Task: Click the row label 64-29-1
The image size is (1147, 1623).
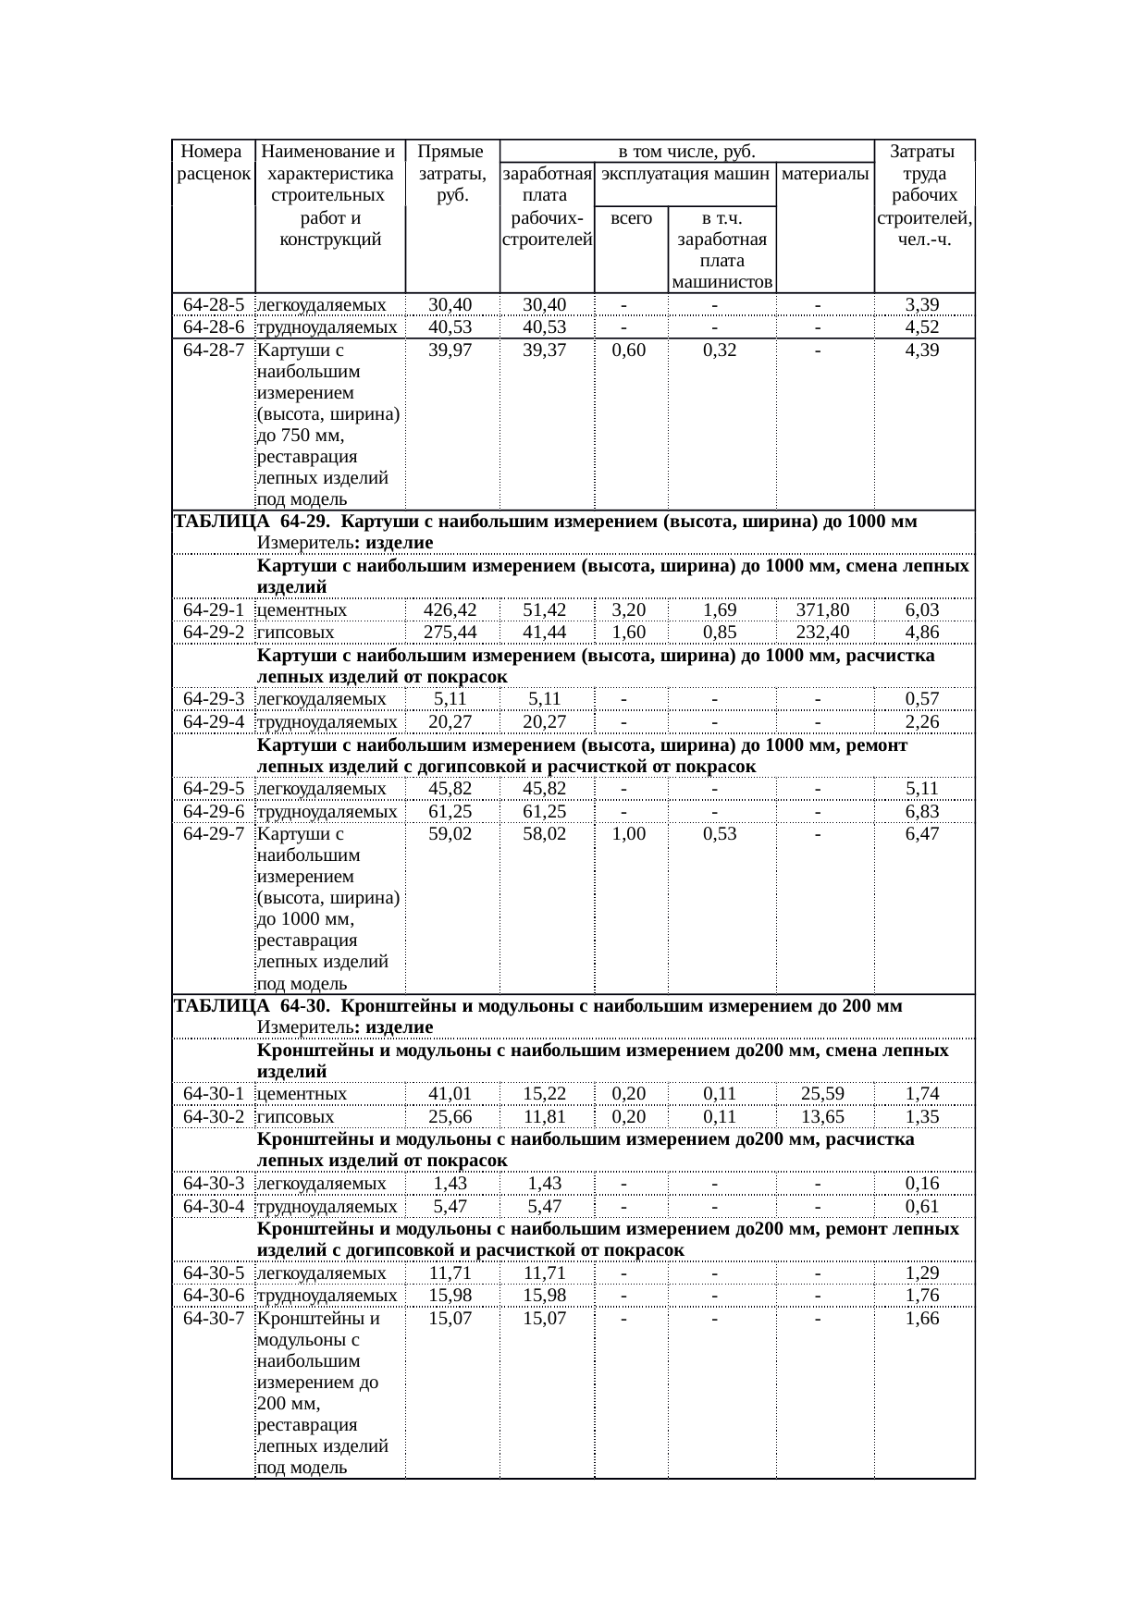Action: point(214,610)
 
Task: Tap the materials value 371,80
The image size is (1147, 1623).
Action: point(822,610)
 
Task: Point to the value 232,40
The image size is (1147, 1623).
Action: point(822,633)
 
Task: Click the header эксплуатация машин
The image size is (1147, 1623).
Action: point(685,174)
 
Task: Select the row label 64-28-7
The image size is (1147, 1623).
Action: point(214,350)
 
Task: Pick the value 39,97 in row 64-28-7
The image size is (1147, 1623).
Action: point(450,350)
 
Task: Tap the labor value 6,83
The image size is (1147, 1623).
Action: point(922,812)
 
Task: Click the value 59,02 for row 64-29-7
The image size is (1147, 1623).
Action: point(450,834)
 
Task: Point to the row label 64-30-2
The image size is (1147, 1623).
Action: point(214,1117)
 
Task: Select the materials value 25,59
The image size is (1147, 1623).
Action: point(822,1095)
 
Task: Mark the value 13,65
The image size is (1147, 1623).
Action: point(822,1117)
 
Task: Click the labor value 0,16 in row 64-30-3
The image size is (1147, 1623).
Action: point(922,1184)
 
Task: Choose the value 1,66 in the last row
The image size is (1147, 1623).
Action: point(922,1319)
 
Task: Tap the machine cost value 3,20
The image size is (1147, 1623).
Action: point(629,610)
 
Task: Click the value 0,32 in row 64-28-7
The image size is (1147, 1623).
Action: point(720,350)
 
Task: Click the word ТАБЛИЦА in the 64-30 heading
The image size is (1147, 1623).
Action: point(222,1006)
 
